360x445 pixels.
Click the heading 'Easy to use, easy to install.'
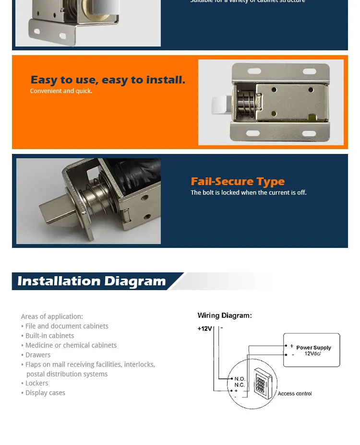pyautogui.click(x=108, y=80)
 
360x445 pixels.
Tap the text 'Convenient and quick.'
pyautogui.click(x=61, y=91)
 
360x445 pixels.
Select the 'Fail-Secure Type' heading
pyautogui.click(x=238, y=181)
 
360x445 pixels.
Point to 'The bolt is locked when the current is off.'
pyautogui.click(x=248, y=193)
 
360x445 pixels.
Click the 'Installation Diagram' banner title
pyautogui.click(x=92, y=281)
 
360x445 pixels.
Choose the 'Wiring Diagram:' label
pyautogui.click(x=225, y=316)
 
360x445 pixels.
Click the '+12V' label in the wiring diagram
pyautogui.click(x=204, y=328)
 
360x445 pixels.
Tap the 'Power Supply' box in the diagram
pyautogui.click(x=312, y=350)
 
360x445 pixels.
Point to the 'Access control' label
pyautogui.click(x=294, y=394)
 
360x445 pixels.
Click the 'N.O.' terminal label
pyautogui.click(x=240, y=379)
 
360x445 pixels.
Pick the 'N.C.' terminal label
pyautogui.click(x=240, y=385)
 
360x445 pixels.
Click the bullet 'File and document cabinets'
pyautogui.click(x=67, y=326)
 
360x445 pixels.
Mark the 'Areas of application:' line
pyautogui.click(x=52, y=316)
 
